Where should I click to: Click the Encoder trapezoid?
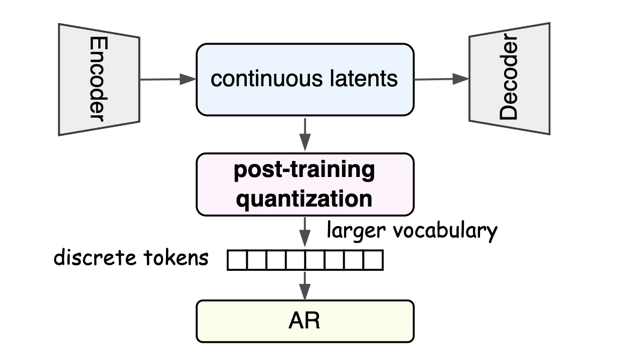click(99, 80)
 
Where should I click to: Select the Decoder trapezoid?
click(510, 79)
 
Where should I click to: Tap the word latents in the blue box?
click(364, 79)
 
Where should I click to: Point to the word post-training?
click(304, 170)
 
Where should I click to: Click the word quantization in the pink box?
click(304, 199)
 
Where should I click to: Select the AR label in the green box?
click(304, 321)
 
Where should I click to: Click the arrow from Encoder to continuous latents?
click(168, 79)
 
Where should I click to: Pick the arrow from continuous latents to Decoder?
click(441, 79)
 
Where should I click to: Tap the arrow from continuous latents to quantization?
click(305, 135)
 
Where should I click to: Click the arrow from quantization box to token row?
click(305, 233)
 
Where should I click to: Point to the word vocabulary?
click(445, 232)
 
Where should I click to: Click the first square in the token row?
click(237, 260)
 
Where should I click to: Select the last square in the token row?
click(374, 260)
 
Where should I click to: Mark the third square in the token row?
click(276, 260)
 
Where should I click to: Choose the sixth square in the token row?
click(335, 260)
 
